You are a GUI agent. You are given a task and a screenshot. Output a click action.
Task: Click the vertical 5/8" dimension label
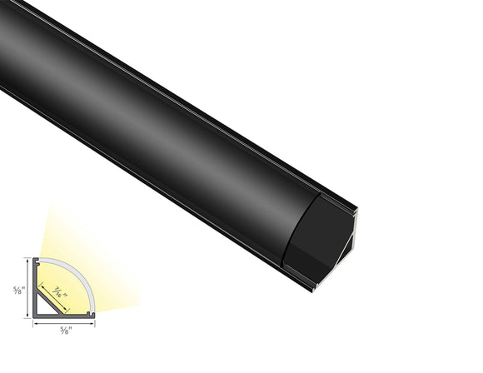click(16, 291)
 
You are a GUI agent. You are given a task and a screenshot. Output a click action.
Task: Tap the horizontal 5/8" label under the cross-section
click(65, 331)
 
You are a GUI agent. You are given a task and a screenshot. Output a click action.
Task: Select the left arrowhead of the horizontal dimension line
click(35, 323)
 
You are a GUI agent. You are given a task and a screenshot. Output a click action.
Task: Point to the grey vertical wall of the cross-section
click(35, 287)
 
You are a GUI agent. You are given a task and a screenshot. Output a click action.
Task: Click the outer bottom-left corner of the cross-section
click(34, 317)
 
